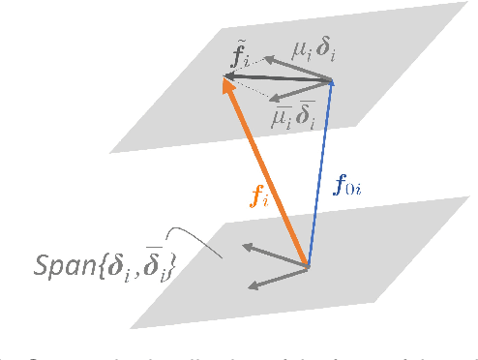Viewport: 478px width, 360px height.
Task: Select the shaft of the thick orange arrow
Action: pos(266,174)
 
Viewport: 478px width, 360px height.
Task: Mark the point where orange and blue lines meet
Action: pos(309,264)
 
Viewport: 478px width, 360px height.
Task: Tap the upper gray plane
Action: pos(387,58)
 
